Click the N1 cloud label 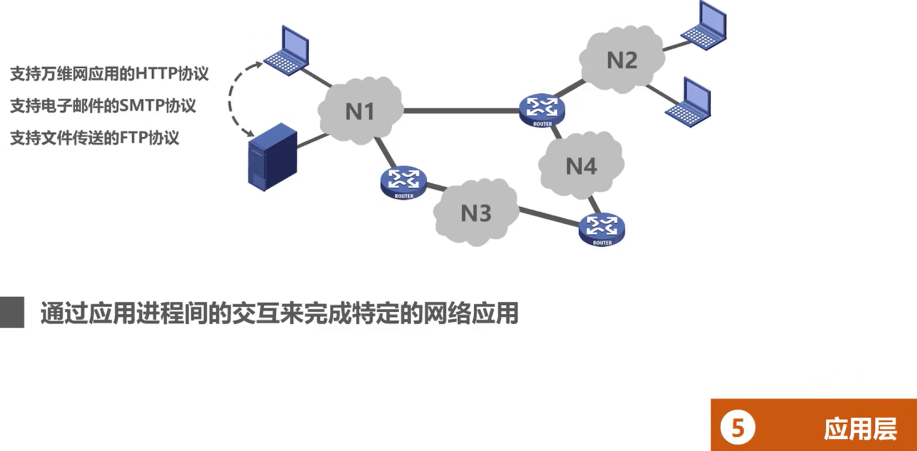[x=360, y=112]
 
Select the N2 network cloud [x=621, y=60]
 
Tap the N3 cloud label [x=476, y=213]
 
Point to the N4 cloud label [x=581, y=166]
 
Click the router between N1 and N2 [x=542, y=109]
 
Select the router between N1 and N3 [x=404, y=181]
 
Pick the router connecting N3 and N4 [x=602, y=228]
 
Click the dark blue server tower [x=271, y=157]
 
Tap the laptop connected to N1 [x=288, y=51]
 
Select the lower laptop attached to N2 [x=690, y=103]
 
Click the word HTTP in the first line [x=156, y=73]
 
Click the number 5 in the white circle [x=737, y=428]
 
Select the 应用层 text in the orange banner [x=860, y=429]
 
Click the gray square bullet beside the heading [x=12, y=312]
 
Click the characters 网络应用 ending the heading [x=470, y=313]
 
